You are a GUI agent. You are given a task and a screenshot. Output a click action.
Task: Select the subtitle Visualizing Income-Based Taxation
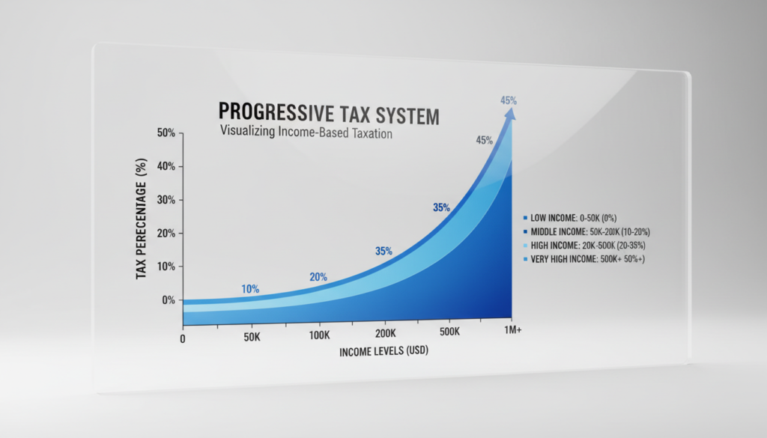coord(306,132)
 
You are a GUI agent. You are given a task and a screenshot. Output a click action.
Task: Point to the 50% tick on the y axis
coord(166,133)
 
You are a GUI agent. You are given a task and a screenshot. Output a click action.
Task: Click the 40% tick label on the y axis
coord(166,166)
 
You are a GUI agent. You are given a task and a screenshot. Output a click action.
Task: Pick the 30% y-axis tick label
coord(166,199)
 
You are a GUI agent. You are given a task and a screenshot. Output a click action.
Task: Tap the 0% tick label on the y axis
coord(169,300)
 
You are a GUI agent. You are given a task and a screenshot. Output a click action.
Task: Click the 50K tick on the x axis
coord(252,338)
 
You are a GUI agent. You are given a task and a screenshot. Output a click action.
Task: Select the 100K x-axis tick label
coord(319,335)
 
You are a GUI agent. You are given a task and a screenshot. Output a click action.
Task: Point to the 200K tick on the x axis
coord(386,333)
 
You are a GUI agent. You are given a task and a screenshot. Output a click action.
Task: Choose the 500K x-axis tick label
coord(449,332)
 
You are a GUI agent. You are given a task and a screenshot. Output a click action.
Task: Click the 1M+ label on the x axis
coord(512,330)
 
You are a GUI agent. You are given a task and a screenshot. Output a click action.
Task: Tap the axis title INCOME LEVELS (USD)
coord(384,351)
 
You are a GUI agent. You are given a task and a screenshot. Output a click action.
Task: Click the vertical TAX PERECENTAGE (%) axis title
coord(141,219)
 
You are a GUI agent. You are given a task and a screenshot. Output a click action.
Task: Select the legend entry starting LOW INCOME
coord(570,218)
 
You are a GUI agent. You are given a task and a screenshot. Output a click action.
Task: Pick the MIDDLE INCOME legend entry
coord(586,231)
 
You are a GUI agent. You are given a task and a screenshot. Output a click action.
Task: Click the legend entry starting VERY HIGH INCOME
coord(584,259)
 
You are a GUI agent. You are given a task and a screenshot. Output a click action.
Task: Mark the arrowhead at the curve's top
coord(509,114)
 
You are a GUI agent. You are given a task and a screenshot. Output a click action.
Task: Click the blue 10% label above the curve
coord(250,289)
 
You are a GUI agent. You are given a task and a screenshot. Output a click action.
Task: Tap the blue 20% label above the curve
coord(318,277)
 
